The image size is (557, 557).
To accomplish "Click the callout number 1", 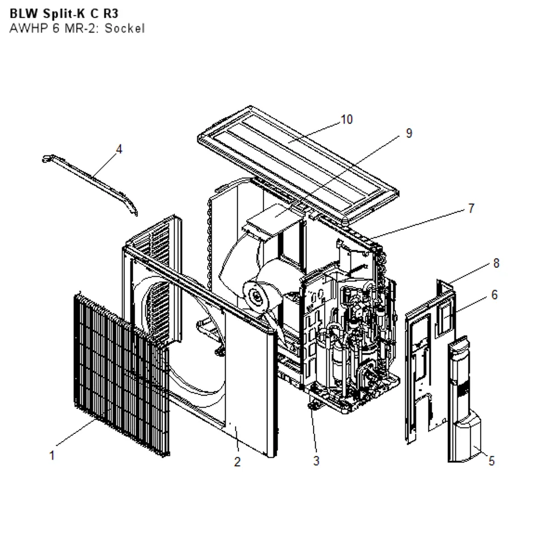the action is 52,456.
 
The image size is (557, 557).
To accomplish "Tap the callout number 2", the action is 237,461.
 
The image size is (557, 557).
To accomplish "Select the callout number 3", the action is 316,461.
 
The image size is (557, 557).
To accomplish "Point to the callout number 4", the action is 119,149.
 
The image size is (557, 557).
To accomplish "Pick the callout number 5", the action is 492,461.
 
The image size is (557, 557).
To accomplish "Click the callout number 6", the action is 495,295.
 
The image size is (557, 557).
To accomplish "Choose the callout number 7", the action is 471,208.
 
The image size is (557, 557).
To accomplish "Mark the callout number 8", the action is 496,263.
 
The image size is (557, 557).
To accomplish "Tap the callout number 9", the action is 409,133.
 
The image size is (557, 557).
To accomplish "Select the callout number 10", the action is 346,119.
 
